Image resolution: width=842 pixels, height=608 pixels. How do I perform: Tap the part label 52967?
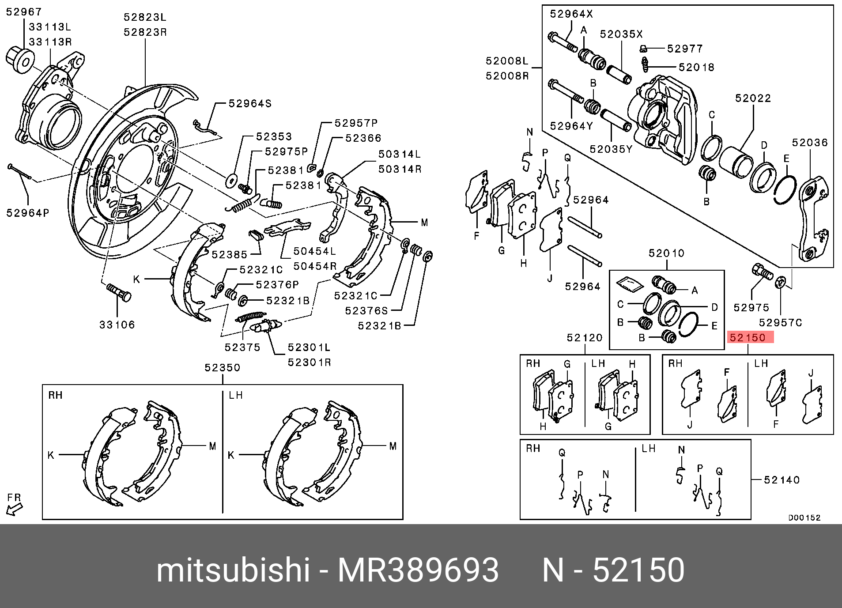24,12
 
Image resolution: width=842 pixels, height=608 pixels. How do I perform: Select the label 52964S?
250,104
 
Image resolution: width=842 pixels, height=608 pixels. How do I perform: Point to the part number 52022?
753,98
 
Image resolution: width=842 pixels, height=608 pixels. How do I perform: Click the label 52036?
809,143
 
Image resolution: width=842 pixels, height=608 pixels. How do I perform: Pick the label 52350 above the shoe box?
223,368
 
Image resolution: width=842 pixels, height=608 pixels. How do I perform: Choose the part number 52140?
782,480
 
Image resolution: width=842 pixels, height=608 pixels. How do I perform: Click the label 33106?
117,325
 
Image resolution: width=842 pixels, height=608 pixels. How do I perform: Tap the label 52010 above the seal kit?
666,253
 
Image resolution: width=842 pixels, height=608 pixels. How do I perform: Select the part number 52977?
685,49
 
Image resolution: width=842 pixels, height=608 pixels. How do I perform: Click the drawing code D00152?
804,517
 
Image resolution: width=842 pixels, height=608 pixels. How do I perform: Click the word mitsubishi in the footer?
233,570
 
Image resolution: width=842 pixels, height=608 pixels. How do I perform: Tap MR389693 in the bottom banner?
418,570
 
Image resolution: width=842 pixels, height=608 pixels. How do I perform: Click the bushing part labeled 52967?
20,59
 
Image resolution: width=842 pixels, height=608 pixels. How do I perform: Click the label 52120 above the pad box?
585,338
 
